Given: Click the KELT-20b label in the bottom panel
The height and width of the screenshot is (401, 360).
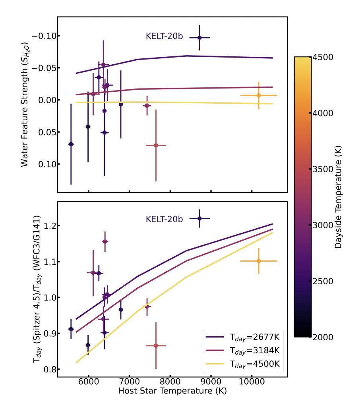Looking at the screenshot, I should point(164,219).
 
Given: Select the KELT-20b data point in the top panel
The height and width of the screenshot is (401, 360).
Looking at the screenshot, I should point(199,37).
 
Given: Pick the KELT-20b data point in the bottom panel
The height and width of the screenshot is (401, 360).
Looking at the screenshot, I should point(199,218).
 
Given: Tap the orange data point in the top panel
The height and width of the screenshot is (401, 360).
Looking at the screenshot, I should point(259,95).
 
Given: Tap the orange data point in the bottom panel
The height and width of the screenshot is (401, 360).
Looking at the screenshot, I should point(259,261).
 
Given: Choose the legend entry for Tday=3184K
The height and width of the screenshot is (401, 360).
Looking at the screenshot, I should point(242,351).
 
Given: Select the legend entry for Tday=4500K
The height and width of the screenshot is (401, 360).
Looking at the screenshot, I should point(242,364).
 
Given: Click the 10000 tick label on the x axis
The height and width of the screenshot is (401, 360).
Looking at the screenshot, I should point(252,382).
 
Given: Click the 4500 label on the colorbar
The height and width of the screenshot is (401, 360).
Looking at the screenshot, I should point(323,57).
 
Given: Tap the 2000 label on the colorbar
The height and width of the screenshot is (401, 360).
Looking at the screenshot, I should point(323,337).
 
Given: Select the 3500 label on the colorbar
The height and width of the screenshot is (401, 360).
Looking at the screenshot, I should point(323,169).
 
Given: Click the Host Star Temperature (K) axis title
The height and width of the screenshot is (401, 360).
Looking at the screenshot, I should point(172,391).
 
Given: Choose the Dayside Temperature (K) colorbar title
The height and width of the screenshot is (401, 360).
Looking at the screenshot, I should point(338,197).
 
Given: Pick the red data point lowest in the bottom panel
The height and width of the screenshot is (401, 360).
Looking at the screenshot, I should point(156,346).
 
